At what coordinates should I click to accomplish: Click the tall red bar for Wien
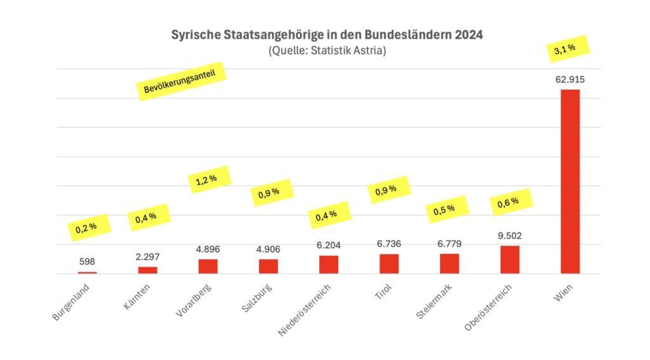[570, 181]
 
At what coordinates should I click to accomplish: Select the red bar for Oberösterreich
[510, 260]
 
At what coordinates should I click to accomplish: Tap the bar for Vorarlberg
[208, 266]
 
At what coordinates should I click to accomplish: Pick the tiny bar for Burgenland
[88, 272]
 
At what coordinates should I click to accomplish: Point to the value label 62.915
[569, 80]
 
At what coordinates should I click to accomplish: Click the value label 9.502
[509, 236]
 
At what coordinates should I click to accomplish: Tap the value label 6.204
[328, 246]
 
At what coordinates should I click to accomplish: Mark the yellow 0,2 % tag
[86, 227]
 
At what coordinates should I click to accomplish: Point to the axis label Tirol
[383, 294]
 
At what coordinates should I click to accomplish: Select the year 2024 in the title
[468, 36]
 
